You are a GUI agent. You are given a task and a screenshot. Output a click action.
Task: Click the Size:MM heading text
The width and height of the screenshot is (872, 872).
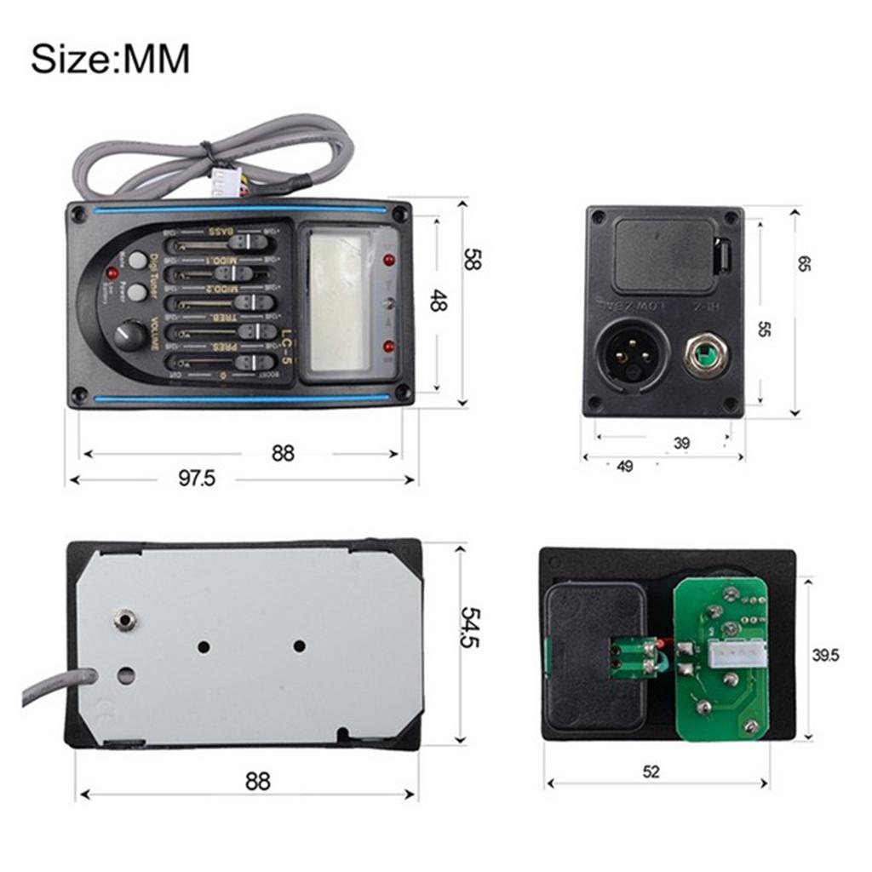click(x=110, y=60)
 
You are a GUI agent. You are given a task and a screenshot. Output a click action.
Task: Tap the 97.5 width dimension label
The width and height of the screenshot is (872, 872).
click(x=197, y=479)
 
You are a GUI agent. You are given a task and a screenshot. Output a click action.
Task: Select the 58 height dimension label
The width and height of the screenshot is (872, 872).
click(x=469, y=258)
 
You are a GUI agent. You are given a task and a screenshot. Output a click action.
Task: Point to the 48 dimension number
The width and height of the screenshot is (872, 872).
click(x=438, y=300)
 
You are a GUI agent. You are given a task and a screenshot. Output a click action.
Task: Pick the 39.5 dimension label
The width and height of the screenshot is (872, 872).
click(x=824, y=655)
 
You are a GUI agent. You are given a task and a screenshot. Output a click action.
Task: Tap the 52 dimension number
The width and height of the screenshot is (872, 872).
click(x=651, y=772)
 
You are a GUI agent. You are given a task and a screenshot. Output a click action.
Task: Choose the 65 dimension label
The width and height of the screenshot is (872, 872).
click(x=804, y=264)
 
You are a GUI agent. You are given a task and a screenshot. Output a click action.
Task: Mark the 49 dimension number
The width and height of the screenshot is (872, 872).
click(x=625, y=466)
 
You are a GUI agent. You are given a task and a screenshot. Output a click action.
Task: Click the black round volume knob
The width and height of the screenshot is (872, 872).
click(x=130, y=335)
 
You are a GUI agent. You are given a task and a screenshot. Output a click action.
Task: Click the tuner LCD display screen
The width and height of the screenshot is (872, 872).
click(x=338, y=302)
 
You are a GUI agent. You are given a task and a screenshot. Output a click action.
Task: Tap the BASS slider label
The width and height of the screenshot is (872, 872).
click(x=221, y=231)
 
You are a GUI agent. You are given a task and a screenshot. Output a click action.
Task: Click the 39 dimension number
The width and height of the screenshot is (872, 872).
click(x=681, y=443)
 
